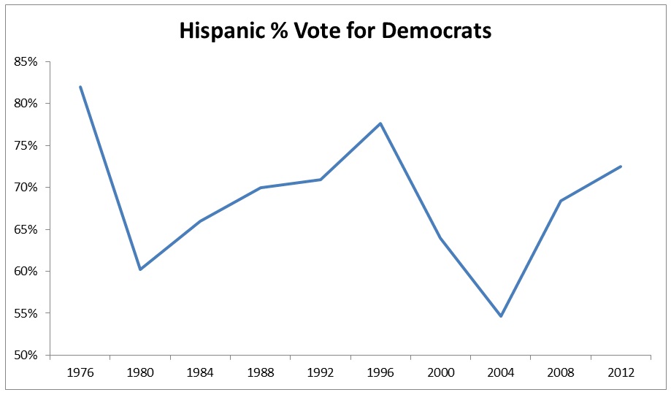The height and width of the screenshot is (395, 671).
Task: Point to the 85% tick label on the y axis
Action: click(x=26, y=61)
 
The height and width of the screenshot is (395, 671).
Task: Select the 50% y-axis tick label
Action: click(x=26, y=356)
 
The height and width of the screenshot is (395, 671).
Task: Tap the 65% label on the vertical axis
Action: click(x=26, y=229)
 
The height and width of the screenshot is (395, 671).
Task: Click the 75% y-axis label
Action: click(x=26, y=145)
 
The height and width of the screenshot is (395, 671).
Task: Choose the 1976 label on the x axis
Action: click(x=80, y=372)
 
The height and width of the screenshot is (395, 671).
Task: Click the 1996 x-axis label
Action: click(x=380, y=372)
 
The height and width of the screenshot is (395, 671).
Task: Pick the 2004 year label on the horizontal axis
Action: click(x=501, y=372)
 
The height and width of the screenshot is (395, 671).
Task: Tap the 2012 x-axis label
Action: click(x=621, y=372)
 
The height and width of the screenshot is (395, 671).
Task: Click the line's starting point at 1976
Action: click(x=80, y=87)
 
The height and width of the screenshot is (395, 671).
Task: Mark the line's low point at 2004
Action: click(x=501, y=316)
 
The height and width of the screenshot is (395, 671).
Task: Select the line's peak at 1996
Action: click(x=380, y=123)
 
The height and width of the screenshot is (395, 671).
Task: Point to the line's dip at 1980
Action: click(x=140, y=269)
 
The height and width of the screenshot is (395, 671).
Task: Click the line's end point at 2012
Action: click(x=621, y=166)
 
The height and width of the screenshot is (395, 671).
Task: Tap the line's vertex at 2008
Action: click(x=561, y=201)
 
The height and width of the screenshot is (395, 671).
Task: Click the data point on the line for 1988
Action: click(x=261, y=188)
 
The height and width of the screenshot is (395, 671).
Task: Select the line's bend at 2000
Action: click(x=440, y=237)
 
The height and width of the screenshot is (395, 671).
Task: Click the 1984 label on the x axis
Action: click(x=200, y=372)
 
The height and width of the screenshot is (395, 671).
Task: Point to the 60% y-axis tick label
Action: click(x=26, y=272)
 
